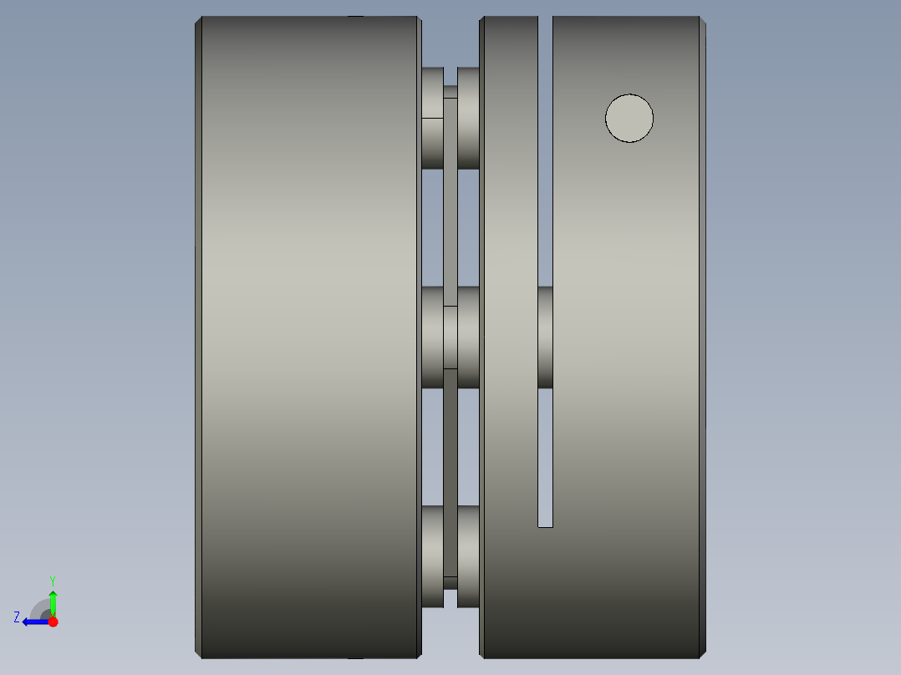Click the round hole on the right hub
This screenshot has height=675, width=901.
tap(629, 118)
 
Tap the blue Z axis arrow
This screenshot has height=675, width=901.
tap(33, 622)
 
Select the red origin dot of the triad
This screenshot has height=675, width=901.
tap(53, 622)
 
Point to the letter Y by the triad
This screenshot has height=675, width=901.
tap(53, 580)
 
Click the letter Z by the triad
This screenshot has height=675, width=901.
tap(17, 617)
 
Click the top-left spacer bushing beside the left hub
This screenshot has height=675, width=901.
tap(432, 118)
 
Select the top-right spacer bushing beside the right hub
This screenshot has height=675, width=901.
tap(468, 118)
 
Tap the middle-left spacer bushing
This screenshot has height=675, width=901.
tap(432, 337)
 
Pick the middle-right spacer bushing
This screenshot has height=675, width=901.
tap(468, 337)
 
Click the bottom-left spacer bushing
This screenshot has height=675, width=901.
tap(432, 556)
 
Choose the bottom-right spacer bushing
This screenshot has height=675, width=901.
tap(468, 556)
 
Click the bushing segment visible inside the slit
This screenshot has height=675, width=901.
tap(545, 337)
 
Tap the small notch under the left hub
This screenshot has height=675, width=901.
tap(355, 658)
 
